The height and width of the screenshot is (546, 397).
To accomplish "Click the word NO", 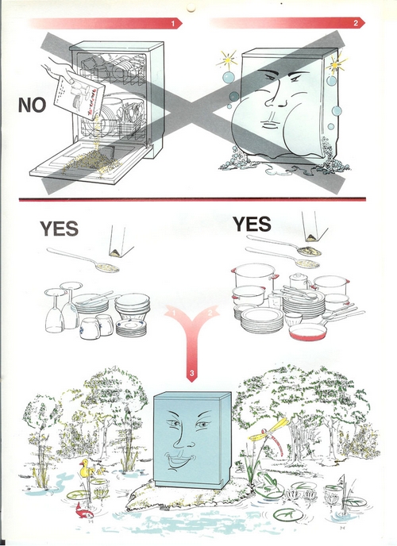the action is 32,105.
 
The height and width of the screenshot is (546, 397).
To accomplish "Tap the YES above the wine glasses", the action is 59,229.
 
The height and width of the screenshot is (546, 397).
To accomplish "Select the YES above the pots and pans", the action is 252,224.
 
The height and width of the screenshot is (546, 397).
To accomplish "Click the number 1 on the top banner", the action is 173,23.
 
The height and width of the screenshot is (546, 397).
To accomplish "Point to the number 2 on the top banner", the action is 356,23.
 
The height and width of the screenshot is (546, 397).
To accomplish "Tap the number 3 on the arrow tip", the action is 191,374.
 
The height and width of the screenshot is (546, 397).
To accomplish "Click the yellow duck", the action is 87,469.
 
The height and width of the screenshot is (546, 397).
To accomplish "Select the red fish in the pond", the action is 84,510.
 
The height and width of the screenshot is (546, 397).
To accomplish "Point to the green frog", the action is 268,483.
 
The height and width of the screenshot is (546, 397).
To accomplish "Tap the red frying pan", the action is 308,331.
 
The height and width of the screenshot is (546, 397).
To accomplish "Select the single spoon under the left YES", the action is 83,260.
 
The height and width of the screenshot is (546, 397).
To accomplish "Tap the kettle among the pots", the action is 299,281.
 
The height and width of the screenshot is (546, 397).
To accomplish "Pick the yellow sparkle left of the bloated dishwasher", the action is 227,60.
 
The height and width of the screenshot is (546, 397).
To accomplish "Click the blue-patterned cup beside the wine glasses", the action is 90,328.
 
